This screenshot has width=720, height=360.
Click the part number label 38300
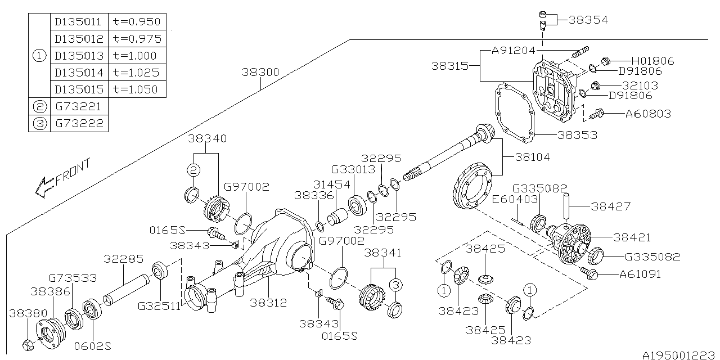pos(260,73)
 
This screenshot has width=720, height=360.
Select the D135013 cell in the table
pos(79,55)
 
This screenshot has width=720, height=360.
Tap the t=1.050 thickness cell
pos(136,89)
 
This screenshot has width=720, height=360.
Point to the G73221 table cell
pos(79,106)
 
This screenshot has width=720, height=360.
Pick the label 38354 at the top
pos(588,20)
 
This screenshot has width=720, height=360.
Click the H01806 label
pos(652,61)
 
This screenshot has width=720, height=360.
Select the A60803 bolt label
pos(648,114)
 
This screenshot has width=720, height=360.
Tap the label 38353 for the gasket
pos(578,135)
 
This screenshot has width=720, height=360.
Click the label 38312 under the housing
pos(268,303)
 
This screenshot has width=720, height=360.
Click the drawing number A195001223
pos(678,354)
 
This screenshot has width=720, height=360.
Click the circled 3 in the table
pos(40,123)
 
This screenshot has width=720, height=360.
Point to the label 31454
pos(348,184)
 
